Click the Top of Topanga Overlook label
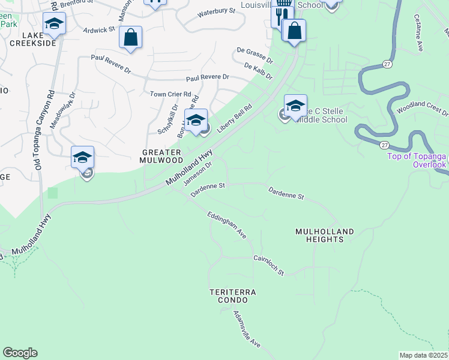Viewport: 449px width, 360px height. [x=417, y=160]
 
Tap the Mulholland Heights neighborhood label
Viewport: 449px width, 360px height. [x=324, y=235]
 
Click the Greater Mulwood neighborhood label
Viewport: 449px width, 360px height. [x=161, y=156]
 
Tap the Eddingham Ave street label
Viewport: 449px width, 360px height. [x=227, y=224]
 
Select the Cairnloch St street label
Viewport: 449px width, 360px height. [x=268, y=265]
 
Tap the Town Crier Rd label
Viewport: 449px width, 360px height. [x=170, y=94]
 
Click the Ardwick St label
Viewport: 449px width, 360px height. [x=99, y=29]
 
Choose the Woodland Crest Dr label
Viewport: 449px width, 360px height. [x=423, y=109]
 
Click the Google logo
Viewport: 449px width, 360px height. [x=20, y=353]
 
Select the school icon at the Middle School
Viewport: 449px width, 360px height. [x=295, y=106]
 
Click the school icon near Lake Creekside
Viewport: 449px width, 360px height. [x=54, y=23]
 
